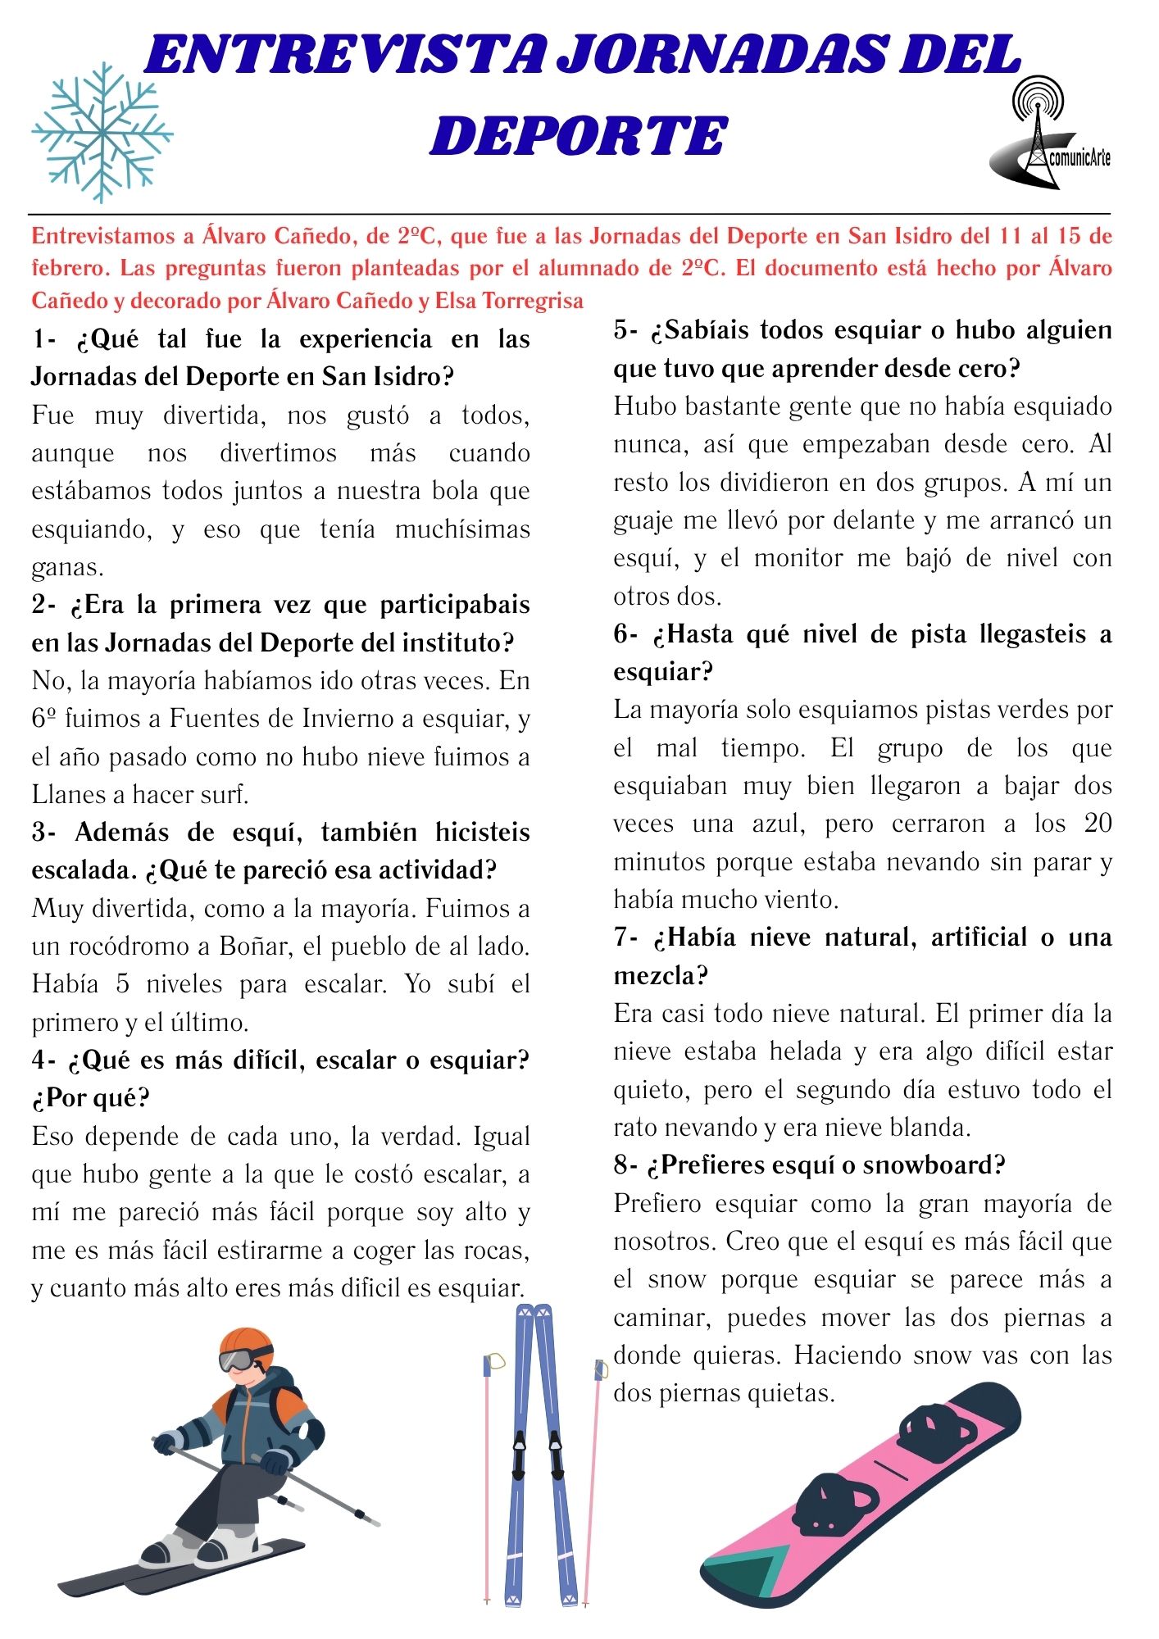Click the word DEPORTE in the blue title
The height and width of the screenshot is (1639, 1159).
(x=579, y=136)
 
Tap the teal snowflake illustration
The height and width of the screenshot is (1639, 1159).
(x=102, y=133)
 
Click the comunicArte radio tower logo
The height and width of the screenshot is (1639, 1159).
(x=1049, y=135)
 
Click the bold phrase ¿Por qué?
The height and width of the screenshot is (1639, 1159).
(x=90, y=1097)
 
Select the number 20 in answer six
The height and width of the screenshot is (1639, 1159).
(x=1097, y=823)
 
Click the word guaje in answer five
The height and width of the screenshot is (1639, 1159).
(x=643, y=520)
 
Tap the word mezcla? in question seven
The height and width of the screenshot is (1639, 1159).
(x=661, y=975)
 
